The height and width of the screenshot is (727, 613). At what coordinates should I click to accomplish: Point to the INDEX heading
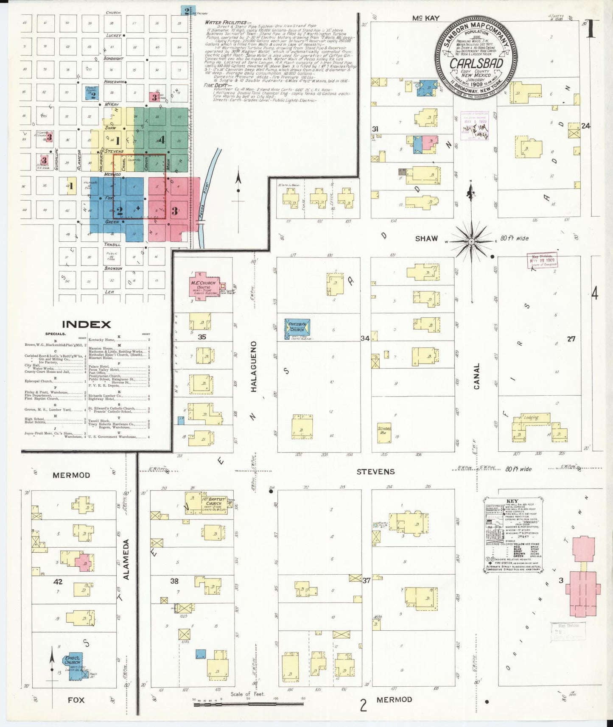click(x=87, y=324)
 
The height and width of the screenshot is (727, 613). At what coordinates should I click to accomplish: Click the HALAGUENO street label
click(x=254, y=366)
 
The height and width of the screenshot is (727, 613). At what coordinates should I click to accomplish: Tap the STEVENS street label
click(x=375, y=471)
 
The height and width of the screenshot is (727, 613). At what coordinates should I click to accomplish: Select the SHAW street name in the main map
click(x=426, y=238)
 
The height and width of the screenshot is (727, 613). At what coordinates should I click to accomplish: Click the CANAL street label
click(x=476, y=376)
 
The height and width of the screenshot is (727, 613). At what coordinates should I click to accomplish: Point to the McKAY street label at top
click(x=425, y=18)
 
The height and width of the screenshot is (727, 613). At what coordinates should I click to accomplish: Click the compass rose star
click(x=471, y=241)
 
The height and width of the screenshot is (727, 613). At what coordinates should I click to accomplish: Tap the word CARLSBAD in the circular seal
click(x=476, y=64)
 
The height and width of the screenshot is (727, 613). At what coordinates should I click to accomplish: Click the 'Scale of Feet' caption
click(x=248, y=694)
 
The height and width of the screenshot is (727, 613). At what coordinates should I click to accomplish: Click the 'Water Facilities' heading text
click(x=226, y=22)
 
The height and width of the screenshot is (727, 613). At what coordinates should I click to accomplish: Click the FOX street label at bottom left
click(x=76, y=699)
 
